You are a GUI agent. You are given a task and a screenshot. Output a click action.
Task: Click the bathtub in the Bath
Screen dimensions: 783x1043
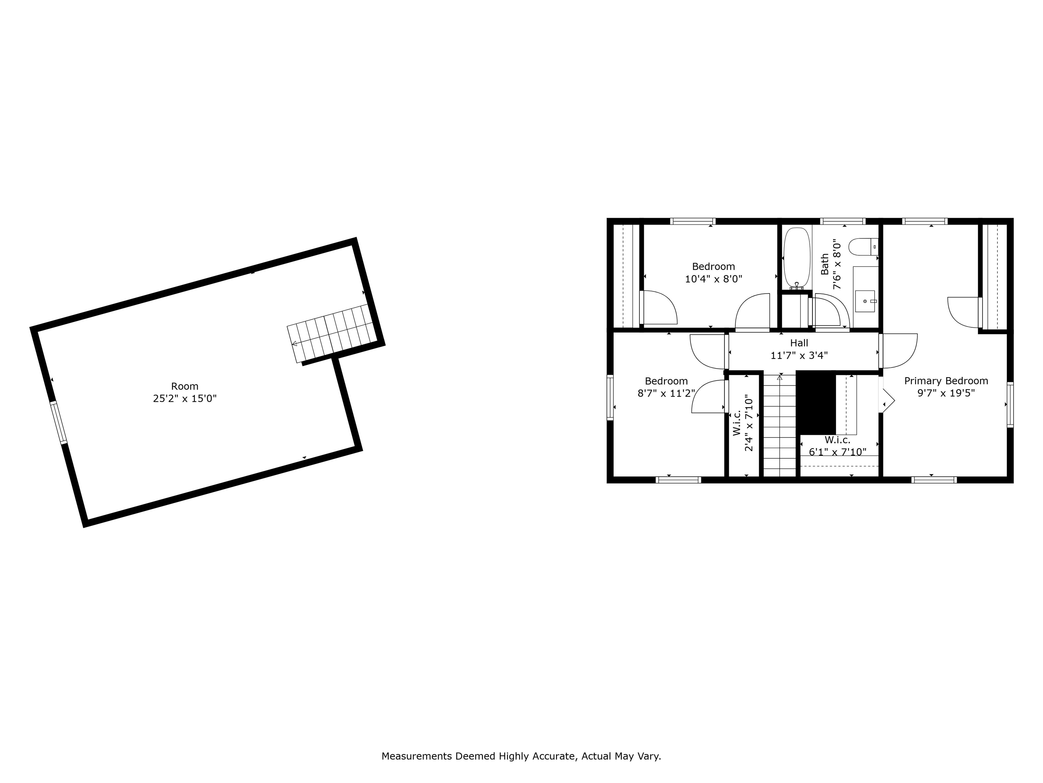pyautogui.click(x=797, y=257)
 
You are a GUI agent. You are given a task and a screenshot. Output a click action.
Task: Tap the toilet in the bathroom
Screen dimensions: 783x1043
pyautogui.click(x=863, y=247)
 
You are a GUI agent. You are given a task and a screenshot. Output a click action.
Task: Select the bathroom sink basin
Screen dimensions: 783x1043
pyautogui.click(x=865, y=301)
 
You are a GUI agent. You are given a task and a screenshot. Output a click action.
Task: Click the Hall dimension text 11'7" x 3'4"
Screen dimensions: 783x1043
pyautogui.click(x=799, y=355)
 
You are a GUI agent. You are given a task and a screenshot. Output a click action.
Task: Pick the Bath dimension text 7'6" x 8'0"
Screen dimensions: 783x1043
pyautogui.click(x=837, y=264)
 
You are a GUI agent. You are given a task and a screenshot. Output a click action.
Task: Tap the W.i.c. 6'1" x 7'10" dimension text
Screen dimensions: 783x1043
pyautogui.click(x=837, y=452)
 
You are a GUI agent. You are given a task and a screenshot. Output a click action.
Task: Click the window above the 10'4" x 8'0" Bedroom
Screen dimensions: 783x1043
pyautogui.click(x=693, y=221)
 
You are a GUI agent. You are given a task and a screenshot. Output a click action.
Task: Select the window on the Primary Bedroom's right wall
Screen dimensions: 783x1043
pyautogui.click(x=1010, y=404)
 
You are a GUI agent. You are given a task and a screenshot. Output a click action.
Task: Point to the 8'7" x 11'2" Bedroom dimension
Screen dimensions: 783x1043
pyautogui.click(x=666, y=393)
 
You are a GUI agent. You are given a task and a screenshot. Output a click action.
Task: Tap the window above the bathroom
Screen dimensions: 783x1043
pyautogui.click(x=843, y=221)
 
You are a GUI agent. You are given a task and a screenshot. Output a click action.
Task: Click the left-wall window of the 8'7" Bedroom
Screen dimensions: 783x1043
pyautogui.click(x=610, y=397)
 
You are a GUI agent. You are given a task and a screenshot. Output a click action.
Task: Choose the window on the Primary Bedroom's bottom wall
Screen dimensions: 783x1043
pyautogui.click(x=934, y=480)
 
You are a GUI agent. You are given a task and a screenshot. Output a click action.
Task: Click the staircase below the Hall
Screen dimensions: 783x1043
pyautogui.click(x=780, y=425)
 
